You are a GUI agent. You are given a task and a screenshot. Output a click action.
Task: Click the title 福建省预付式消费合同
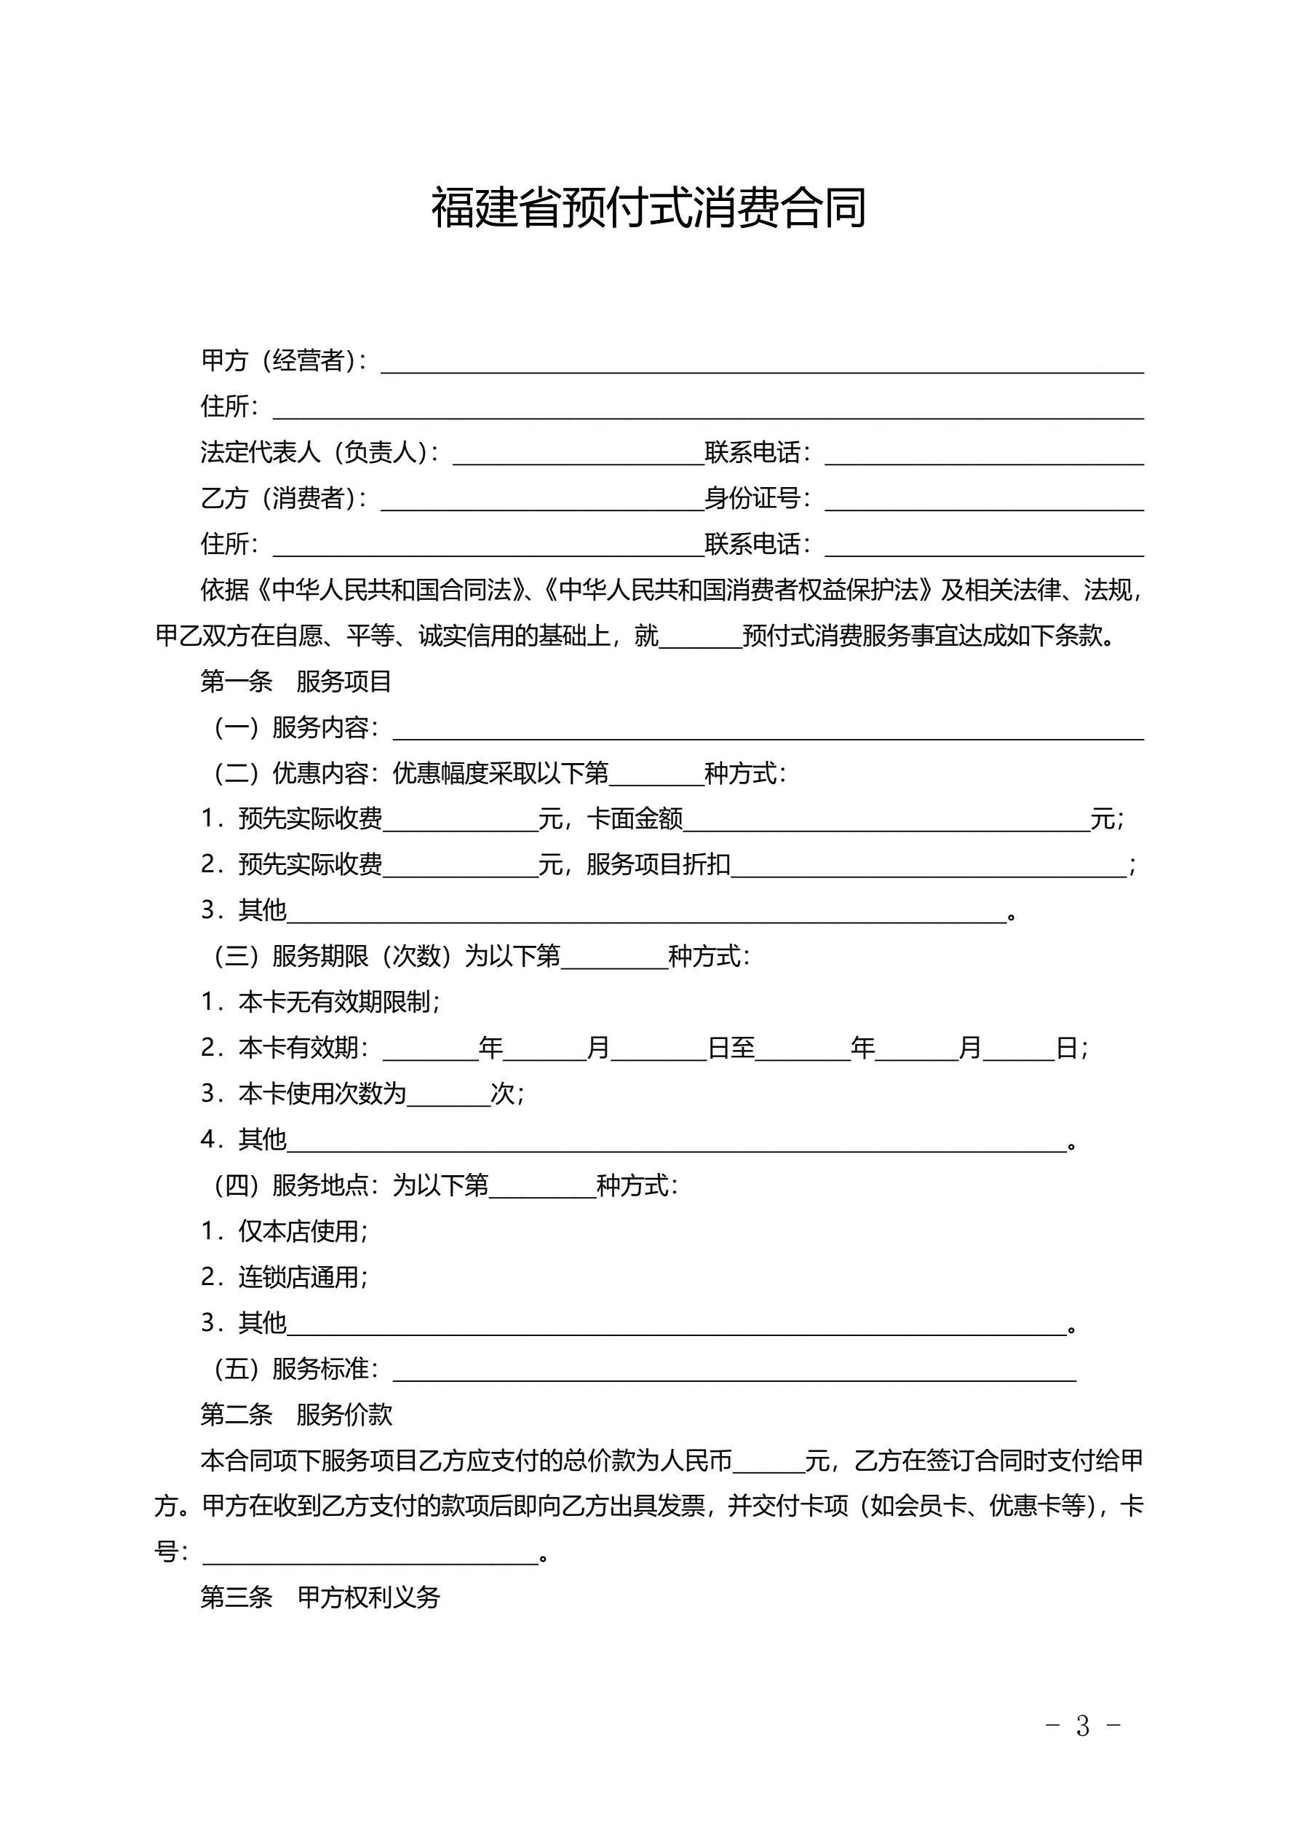click(x=648, y=208)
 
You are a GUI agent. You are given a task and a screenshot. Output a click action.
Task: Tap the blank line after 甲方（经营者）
click(x=761, y=364)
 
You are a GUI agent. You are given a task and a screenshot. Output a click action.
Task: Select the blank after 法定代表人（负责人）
click(x=579, y=455)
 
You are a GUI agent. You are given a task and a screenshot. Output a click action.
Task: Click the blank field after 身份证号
click(x=984, y=502)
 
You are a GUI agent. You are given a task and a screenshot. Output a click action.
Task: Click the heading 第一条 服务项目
click(x=296, y=682)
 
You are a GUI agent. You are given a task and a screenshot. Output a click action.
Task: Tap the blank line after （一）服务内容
click(x=768, y=730)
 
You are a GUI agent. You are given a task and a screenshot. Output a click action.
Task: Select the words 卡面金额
click(x=635, y=819)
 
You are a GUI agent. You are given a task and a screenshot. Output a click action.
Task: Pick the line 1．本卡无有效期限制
click(x=320, y=1002)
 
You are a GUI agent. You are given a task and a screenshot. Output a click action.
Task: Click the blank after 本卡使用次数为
click(x=448, y=1096)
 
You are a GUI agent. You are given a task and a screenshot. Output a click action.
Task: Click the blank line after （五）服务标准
click(x=734, y=1372)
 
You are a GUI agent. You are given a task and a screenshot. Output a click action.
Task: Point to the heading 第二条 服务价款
click(x=296, y=1415)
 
